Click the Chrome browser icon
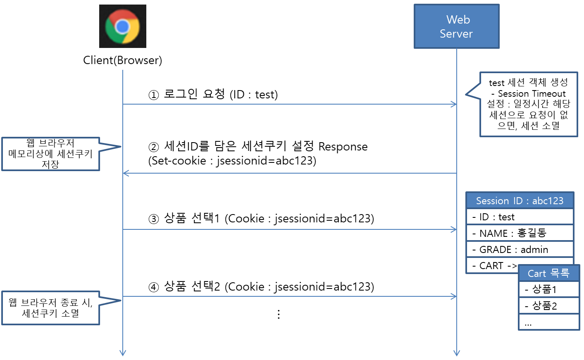122,26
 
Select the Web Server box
456,26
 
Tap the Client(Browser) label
122,60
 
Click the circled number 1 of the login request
154,95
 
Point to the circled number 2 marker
154,147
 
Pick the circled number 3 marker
154,219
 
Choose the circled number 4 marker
154,287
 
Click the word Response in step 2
343,147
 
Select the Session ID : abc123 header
520,201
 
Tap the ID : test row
520,217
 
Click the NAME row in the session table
520,233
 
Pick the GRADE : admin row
520,250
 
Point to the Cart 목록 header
548,273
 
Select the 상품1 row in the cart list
548,289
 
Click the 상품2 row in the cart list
548,306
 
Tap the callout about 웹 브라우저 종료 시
50,308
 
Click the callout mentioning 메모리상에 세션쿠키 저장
50,154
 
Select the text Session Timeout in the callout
532,94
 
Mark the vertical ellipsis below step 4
279,314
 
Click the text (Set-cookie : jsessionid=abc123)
232,161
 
